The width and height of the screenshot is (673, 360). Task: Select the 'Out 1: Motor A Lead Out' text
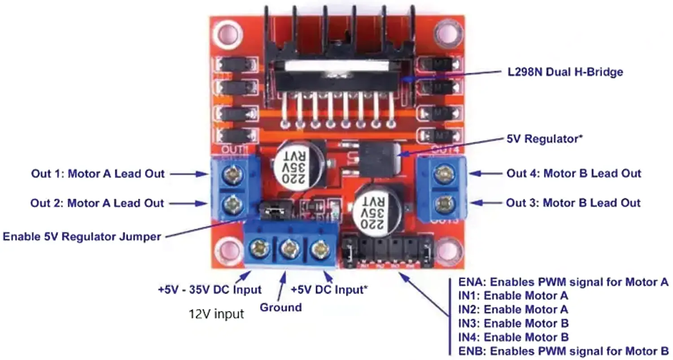pos(98,174)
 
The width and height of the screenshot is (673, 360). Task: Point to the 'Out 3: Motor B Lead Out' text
pos(573,203)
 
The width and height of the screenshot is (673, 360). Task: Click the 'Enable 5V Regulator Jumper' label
pos(82,236)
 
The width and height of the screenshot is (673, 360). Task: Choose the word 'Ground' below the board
pos(280,307)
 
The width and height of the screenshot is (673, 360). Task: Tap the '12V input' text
pos(216,314)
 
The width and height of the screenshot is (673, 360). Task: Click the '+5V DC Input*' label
pos(330,290)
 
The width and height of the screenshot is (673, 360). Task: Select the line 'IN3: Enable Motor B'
pos(513,323)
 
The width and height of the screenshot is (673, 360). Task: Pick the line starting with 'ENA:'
pos(564,282)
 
